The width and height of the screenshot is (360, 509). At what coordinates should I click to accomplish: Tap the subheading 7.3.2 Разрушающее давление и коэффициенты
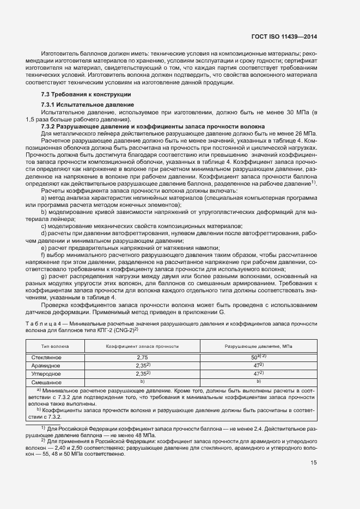tap(128, 126)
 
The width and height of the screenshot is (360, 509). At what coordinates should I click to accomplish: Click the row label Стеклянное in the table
tap(46, 357)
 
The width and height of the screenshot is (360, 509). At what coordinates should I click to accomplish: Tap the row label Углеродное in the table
tap(46, 374)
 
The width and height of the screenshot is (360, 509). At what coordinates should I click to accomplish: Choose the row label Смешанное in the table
tap(46, 382)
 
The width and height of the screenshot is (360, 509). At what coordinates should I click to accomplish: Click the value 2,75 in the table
tap(142, 358)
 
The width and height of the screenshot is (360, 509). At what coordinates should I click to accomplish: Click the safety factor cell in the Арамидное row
tap(143, 366)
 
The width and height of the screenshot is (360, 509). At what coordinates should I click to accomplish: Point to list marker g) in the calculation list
tap(43, 276)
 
